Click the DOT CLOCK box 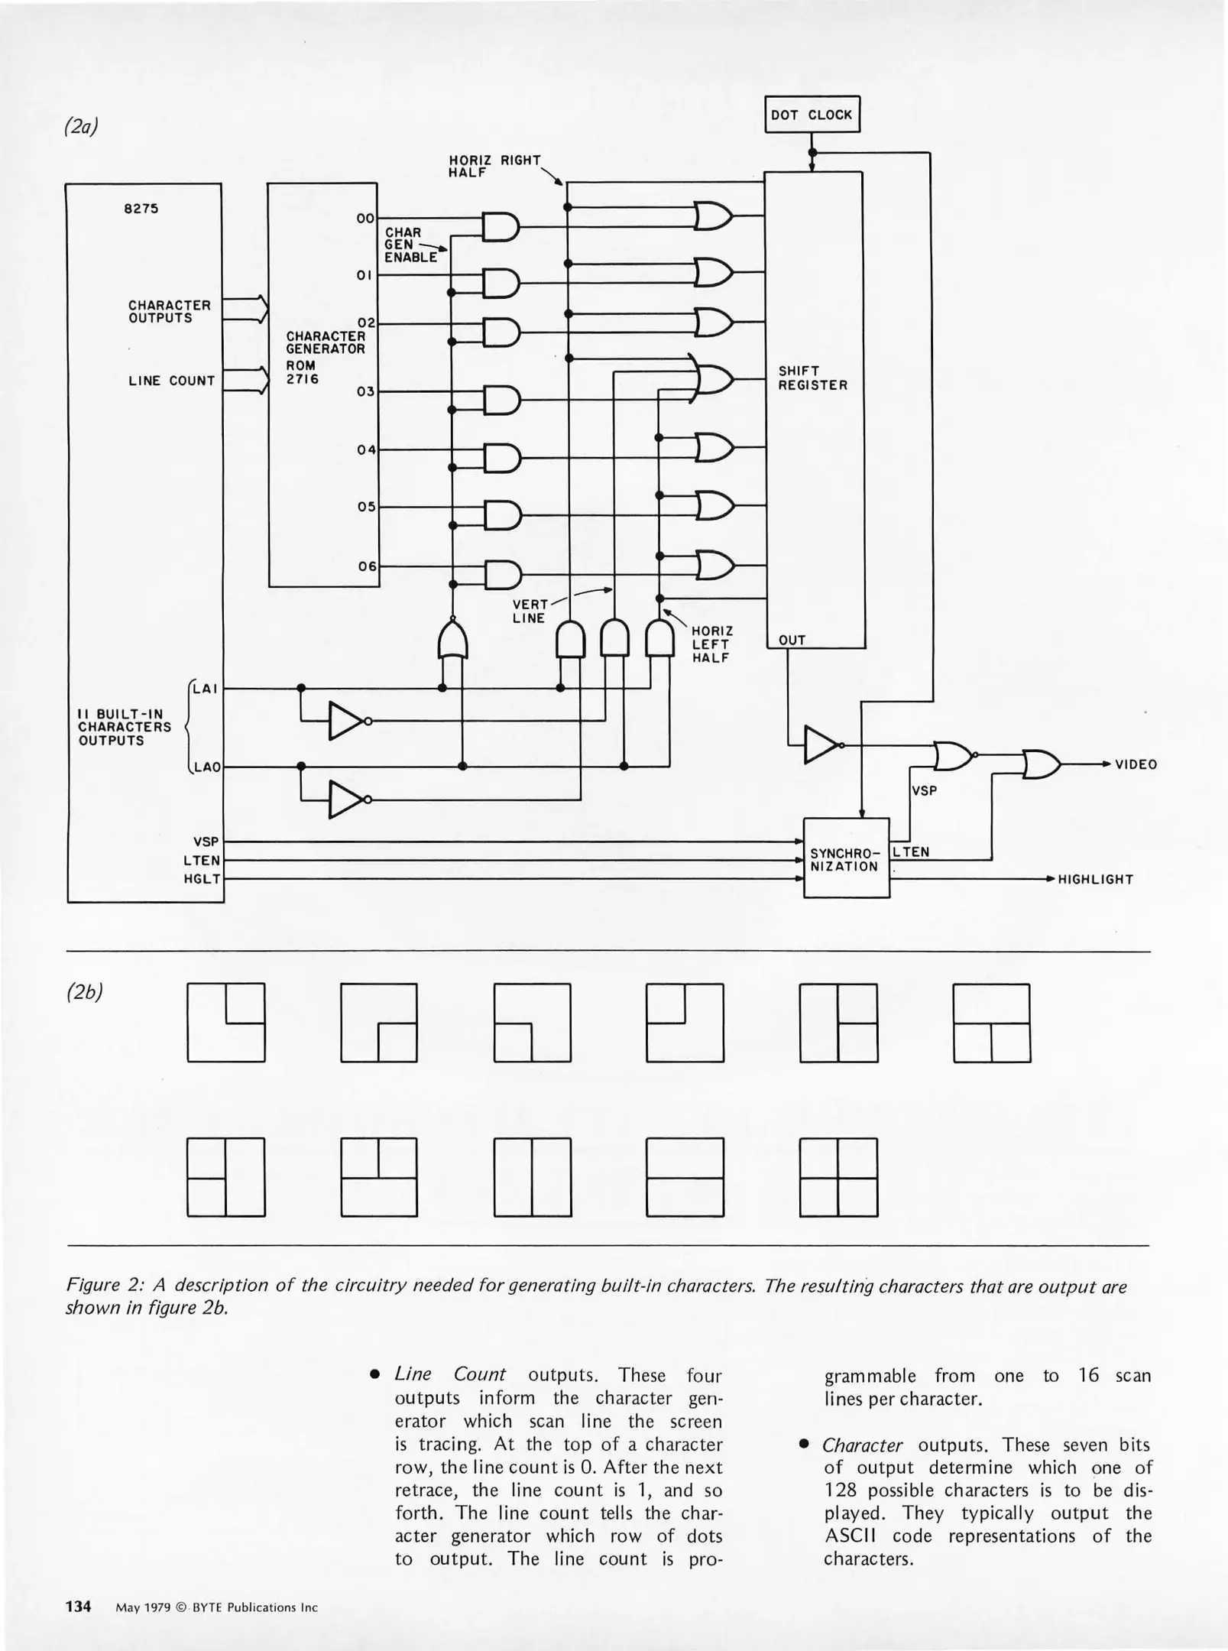[x=812, y=115]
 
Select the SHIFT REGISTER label [x=812, y=378]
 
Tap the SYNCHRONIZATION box [x=846, y=858]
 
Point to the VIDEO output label [x=1136, y=764]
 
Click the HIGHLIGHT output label [x=1094, y=879]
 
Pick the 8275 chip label [x=141, y=209]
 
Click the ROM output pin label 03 [x=366, y=391]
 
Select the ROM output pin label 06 [x=368, y=566]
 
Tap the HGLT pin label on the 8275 [x=202, y=879]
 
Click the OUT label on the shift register [x=792, y=640]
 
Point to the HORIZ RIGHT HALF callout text [x=494, y=166]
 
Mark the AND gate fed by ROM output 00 [x=501, y=227]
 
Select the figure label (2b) [x=84, y=992]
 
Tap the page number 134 [x=78, y=1606]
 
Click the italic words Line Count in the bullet [x=449, y=1374]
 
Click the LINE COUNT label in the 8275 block [x=171, y=381]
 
